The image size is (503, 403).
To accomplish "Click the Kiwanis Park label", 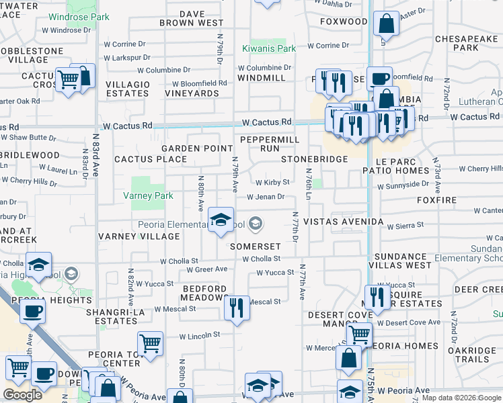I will click(x=268, y=49).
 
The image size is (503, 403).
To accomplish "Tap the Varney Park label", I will click(x=148, y=196).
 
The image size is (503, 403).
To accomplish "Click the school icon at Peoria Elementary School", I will click(x=220, y=220).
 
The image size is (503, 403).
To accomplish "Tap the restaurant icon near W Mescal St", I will click(x=236, y=308).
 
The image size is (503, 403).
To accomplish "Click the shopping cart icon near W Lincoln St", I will click(x=151, y=343).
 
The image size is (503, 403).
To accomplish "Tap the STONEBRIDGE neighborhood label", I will click(x=314, y=159).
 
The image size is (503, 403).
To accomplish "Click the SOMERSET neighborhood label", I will click(x=254, y=246).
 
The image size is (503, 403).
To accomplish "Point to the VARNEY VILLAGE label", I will click(x=139, y=236).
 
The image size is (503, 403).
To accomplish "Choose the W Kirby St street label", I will click(x=272, y=182).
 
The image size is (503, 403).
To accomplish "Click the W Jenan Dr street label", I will click(x=266, y=197).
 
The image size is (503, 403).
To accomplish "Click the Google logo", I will click(x=23, y=395).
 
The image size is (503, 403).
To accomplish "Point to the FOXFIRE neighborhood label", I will click(x=436, y=200).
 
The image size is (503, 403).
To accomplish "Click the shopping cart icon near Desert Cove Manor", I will click(x=360, y=333).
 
